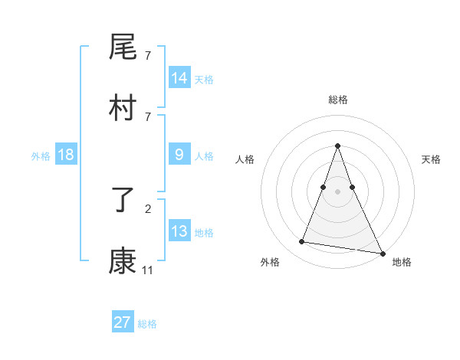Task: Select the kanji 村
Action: pos(123,109)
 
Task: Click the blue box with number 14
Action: pos(179,78)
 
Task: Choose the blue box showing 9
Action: pos(179,155)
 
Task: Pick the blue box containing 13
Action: pos(179,231)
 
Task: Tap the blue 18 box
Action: pos(66,155)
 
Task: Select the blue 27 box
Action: pos(123,322)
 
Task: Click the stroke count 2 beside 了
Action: pos(148,208)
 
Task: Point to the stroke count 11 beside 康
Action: pos(148,270)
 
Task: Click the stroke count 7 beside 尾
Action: pos(148,56)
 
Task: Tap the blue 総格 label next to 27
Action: pos(147,324)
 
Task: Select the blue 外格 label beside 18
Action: pos(41,155)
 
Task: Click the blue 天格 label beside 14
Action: pos(204,80)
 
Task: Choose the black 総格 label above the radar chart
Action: pos(337,100)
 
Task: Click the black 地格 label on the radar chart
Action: pos(402,263)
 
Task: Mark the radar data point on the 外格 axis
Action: pos(301,242)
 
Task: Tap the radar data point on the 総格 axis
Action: pos(337,146)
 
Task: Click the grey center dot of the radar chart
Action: pos(337,191)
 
